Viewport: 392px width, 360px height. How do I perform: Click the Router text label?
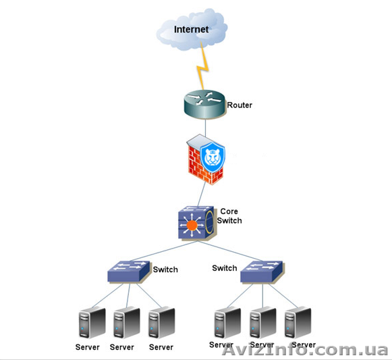[240, 105]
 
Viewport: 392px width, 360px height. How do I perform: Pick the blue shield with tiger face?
[213, 157]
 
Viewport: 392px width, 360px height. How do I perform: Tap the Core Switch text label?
[229, 216]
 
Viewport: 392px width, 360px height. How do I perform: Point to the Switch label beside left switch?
[165, 269]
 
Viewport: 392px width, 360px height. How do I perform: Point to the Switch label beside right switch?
[225, 268]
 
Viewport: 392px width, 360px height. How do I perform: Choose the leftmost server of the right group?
[227, 322]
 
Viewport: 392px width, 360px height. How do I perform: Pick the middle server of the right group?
[262, 322]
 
